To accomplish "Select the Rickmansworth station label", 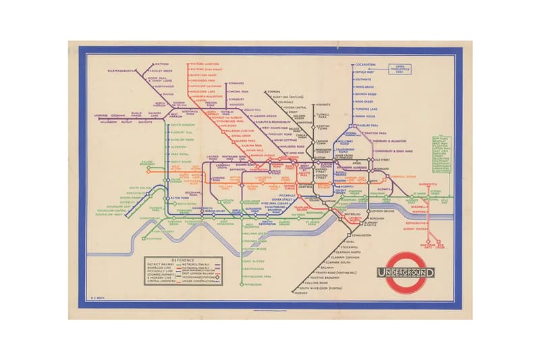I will click(122, 70).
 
